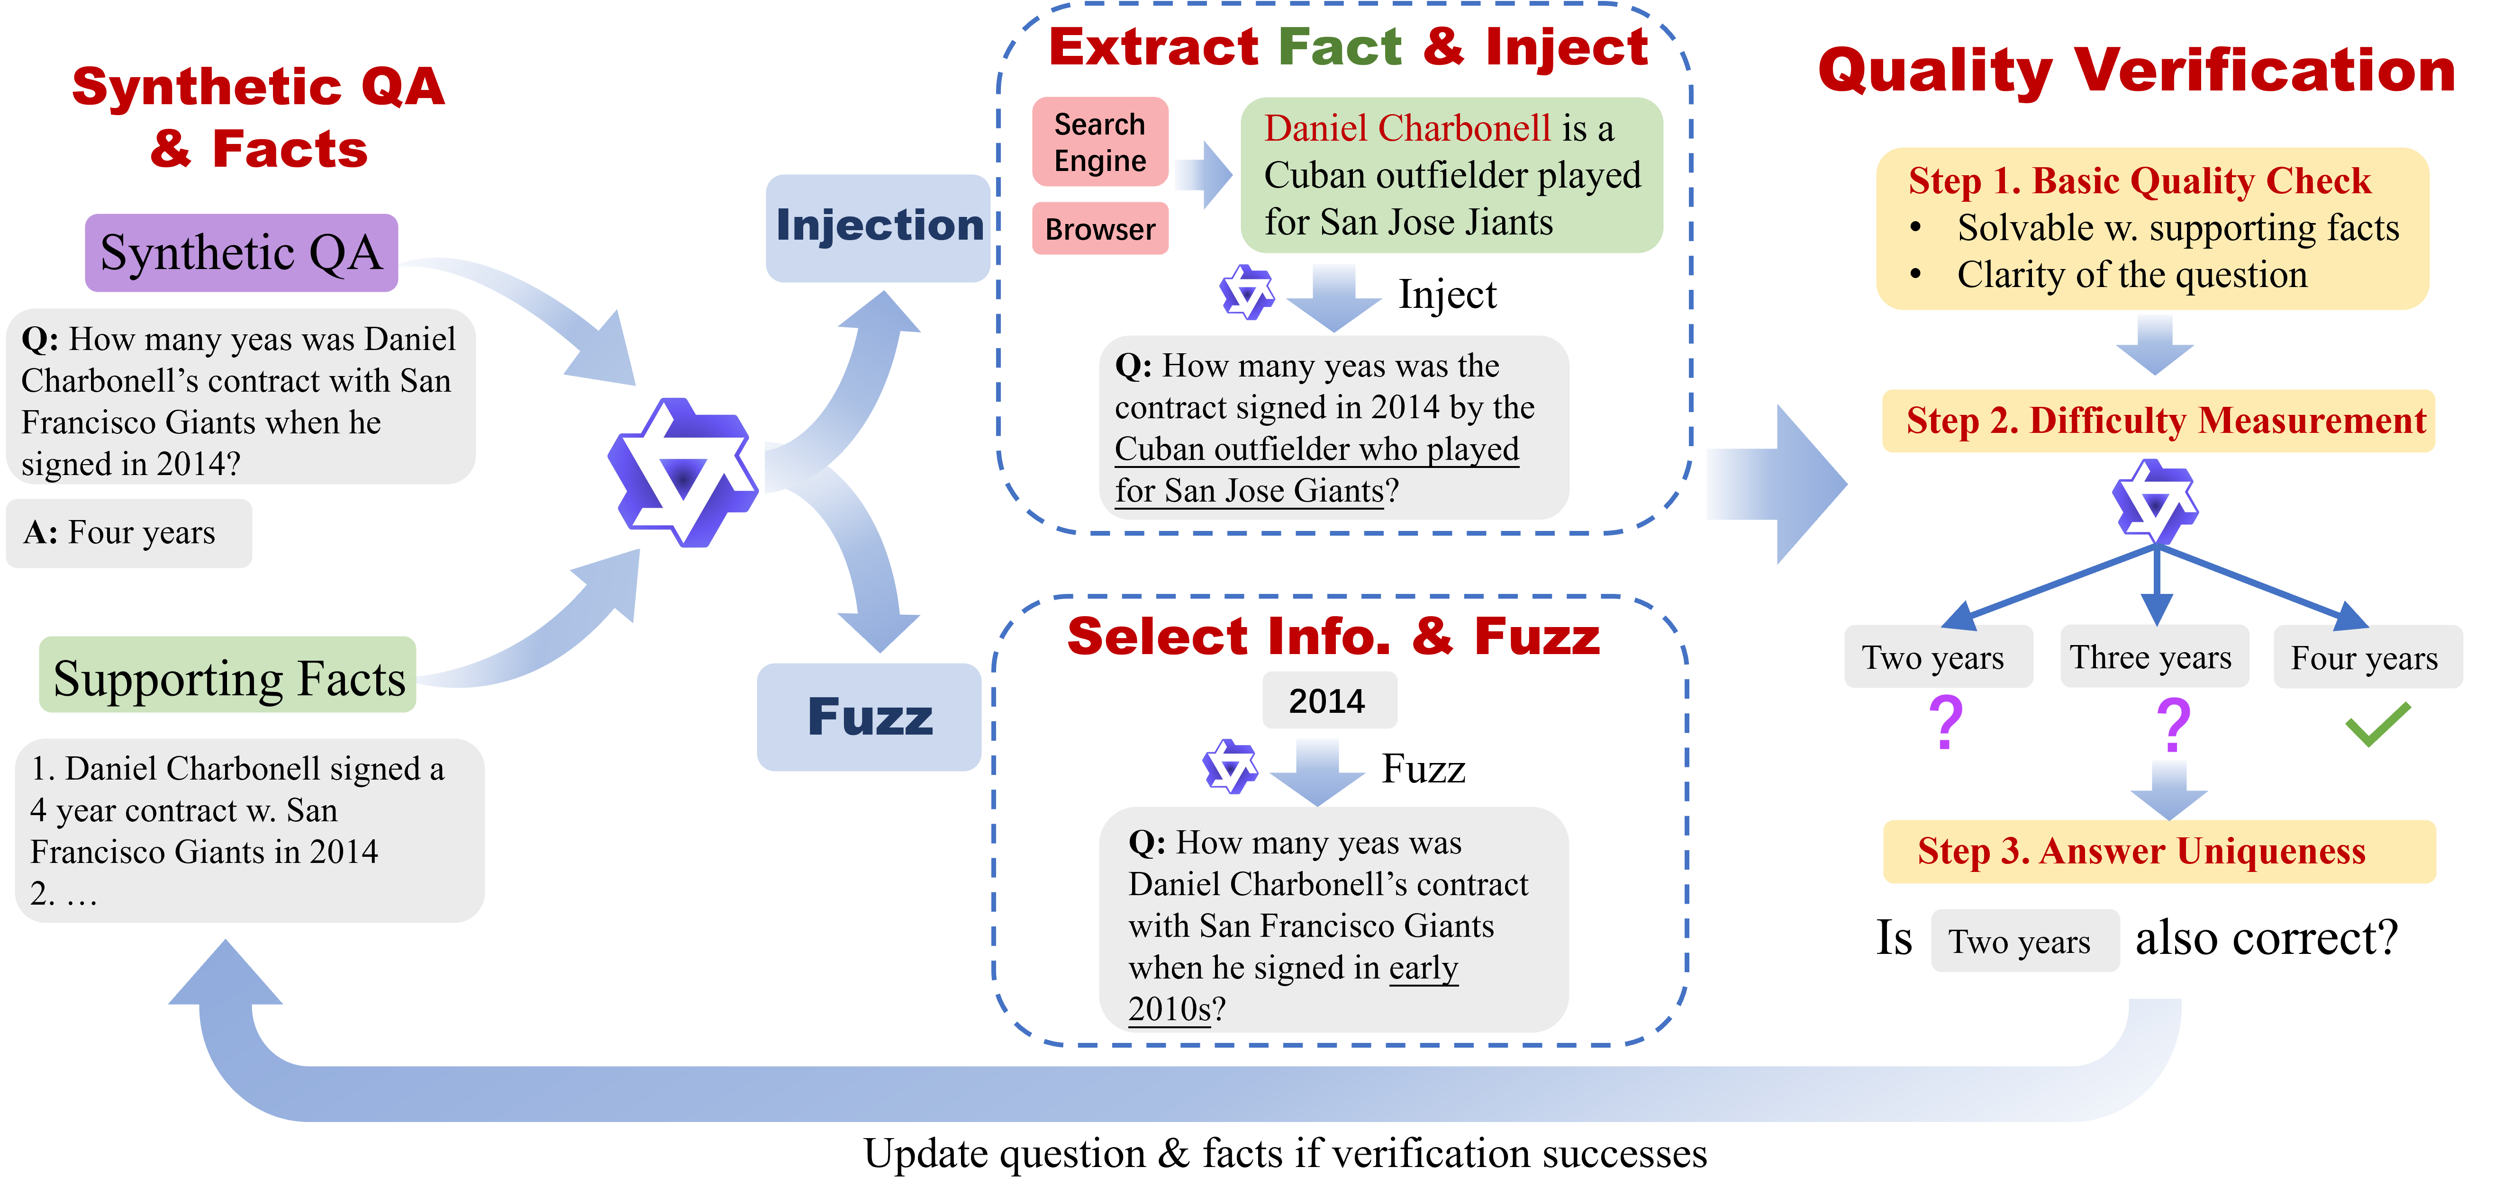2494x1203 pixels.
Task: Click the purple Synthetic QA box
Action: pyautogui.click(x=241, y=252)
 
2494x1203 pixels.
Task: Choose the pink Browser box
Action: pyautogui.click(x=1100, y=229)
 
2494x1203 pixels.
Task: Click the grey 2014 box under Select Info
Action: pyautogui.click(x=1327, y=700)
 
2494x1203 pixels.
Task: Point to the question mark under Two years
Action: pyautogui.click(x=1945, y=722)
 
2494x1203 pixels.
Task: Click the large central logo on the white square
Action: pyautogui.click(x=684, y=472)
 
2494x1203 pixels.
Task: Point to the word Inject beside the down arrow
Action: pyautogui.click(x=1447, y=294)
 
